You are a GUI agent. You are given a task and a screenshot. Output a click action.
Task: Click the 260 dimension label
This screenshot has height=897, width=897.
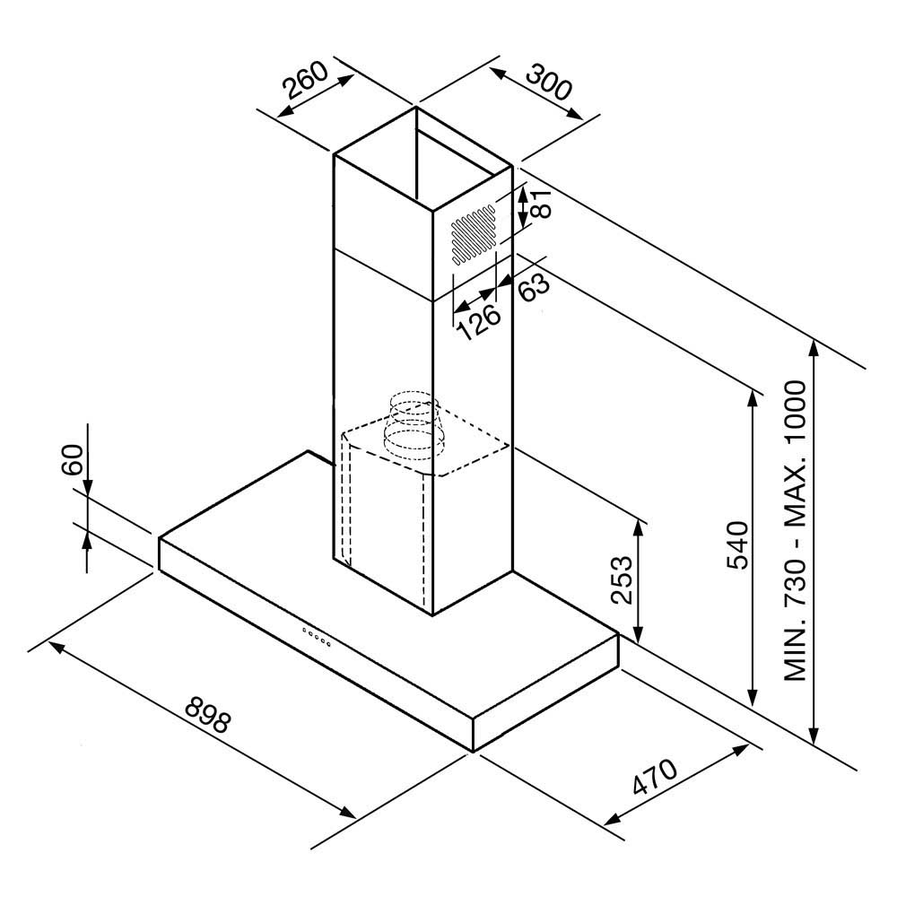(x=304, y=83)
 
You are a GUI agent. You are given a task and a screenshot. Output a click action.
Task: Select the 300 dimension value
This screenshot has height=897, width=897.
(x=549, y=82)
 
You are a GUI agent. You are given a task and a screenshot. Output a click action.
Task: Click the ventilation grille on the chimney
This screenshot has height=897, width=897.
(x=473, y=235)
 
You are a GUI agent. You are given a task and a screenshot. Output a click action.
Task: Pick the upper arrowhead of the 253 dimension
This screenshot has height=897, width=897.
(x=638, y=525)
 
